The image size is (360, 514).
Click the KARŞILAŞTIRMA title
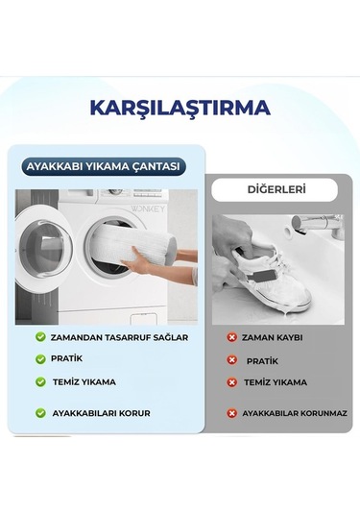tap(180, 107)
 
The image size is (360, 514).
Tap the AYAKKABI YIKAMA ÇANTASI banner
tap(104, 166)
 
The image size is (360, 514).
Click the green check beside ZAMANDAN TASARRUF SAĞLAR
tap(41, 337)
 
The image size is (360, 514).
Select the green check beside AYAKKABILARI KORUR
tap(41, 412)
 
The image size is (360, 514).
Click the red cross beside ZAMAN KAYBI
tap(231, 337)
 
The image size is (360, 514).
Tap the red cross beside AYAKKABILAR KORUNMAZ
tap(231, 413)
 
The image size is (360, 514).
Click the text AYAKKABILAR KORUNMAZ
tap(294, 413)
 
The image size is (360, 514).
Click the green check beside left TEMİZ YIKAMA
tap(41, 381)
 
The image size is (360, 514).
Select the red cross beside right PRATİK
tap(231, 360)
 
